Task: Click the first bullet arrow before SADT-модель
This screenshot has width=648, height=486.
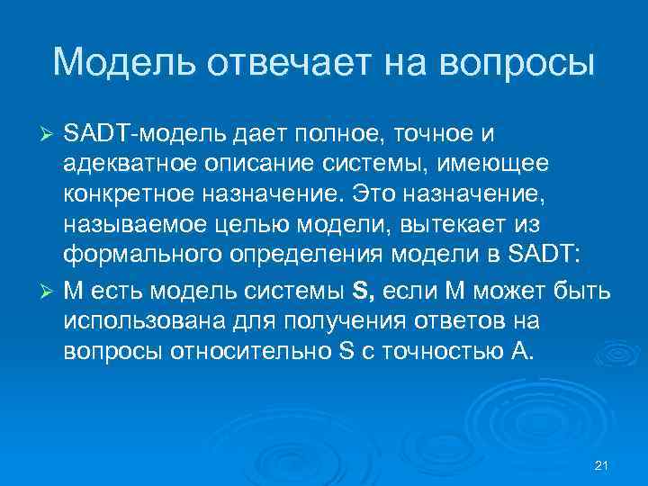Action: (x=50, y=134)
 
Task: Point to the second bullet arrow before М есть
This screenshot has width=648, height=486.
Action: (x=50, y=292)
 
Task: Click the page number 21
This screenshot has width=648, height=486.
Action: (x=603, y=465)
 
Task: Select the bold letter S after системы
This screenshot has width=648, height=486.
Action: (x=361, y=292)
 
